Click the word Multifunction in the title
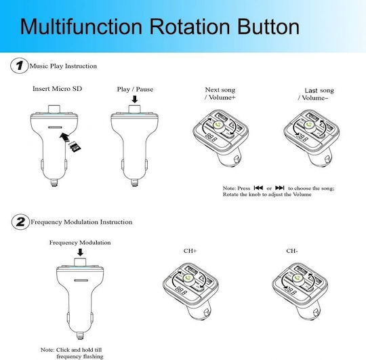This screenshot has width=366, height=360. coord(81,26)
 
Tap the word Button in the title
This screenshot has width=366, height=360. coord(268,26)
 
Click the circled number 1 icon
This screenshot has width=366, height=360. coord(20,66)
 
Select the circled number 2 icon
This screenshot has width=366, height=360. coord(20,222)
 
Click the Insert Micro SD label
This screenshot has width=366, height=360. coord(57,89)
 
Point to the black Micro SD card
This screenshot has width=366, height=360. coord(75,146)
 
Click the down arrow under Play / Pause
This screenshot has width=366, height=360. coord(135,99)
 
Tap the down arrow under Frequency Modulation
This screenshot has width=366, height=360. coord(80,252)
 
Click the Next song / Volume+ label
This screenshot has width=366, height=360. coord(220,94)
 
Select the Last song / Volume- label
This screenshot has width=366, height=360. coord(316,94)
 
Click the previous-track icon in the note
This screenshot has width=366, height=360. coord(258,188)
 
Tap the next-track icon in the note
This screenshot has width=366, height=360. coord(280,188)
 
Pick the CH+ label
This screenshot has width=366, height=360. coord(190,251)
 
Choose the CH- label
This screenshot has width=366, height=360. coord(292,251)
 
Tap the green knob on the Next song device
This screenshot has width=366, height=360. coord(218,125)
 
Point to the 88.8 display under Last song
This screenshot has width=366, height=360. coord(302,138)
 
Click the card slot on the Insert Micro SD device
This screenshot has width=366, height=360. coord(55,127)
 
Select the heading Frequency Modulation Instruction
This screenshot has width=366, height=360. coord(81,222)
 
